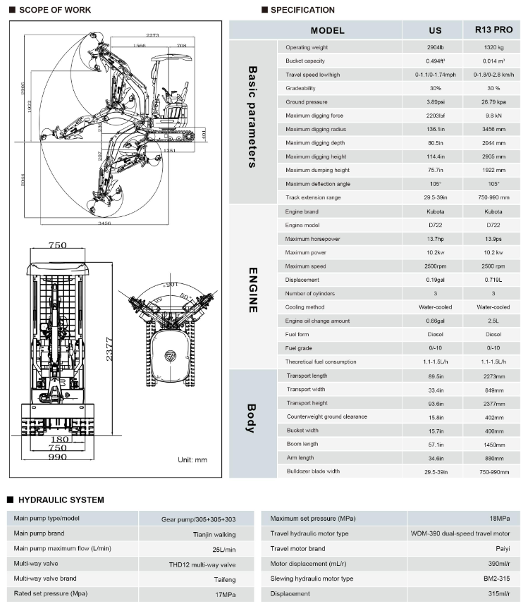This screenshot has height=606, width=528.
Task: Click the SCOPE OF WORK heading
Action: [50, 10]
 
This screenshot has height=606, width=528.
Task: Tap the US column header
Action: [435, 30]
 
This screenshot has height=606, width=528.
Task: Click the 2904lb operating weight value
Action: [435, 47]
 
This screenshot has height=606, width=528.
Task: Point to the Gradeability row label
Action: [300, 88]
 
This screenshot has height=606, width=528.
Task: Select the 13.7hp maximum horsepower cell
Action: [435, 239]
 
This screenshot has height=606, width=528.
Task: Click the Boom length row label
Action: [302, 444]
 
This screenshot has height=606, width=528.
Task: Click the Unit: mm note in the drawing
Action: [192, 459]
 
